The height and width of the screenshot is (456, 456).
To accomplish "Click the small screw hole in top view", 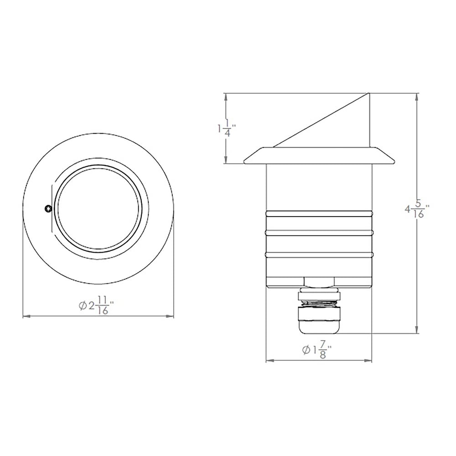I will [x=48, y=209].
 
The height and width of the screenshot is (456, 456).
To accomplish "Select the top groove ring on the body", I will [x=319, y=213].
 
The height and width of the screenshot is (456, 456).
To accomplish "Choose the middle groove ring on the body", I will [x=319, y=233].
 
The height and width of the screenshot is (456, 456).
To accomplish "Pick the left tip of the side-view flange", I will [x=244, y=162].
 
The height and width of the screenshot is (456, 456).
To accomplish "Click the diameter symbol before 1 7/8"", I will [x=306, y=350].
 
